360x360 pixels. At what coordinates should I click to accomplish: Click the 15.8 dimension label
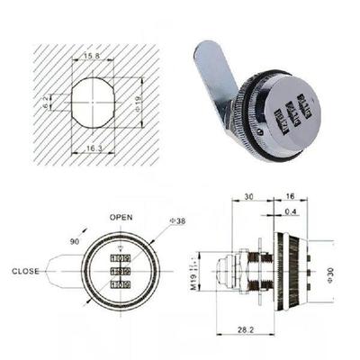coord(92,56)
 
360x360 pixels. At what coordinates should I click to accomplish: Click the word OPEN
coord(121,218)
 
